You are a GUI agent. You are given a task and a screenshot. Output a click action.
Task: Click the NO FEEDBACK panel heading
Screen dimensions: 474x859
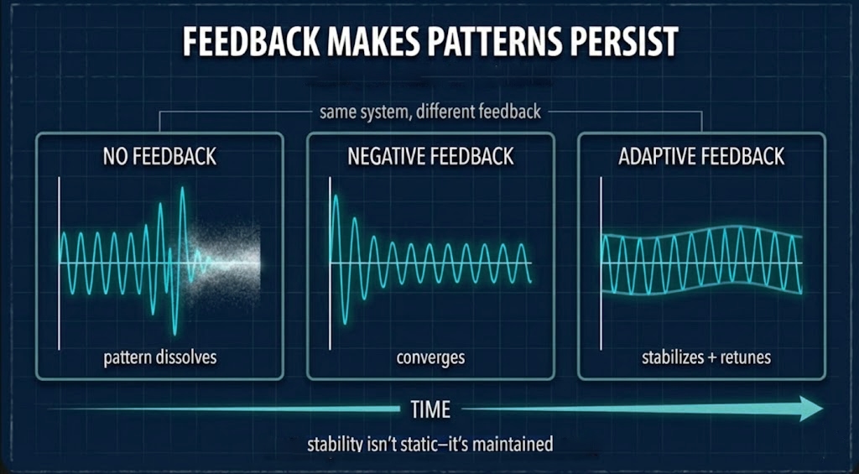159,156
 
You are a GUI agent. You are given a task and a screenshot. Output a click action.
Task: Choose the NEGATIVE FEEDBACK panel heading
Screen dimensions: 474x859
430,156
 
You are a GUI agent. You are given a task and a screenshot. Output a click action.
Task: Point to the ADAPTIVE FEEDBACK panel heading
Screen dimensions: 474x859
701,156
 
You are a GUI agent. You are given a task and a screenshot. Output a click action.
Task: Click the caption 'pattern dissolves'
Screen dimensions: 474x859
159,357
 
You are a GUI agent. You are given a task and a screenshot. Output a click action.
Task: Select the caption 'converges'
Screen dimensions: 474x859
430,357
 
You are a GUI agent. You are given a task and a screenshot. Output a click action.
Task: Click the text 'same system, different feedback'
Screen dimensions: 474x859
430,111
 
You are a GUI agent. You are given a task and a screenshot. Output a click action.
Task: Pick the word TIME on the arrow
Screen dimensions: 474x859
430,409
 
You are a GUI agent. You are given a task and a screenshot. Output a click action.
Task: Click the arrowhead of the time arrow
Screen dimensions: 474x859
810,409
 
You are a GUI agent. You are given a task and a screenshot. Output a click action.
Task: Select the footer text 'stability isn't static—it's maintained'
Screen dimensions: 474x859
430,444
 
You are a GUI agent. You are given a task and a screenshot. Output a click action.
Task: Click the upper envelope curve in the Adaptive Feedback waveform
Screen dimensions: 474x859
705,228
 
